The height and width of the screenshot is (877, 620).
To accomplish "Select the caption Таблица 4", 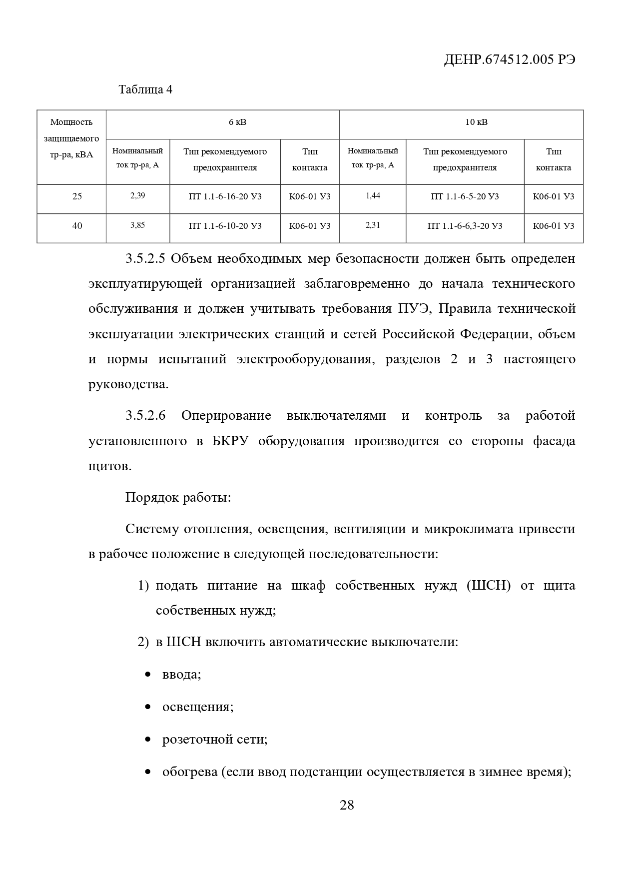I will (x=145, y=90).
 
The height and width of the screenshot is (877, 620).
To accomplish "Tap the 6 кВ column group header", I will (x=237, y=122).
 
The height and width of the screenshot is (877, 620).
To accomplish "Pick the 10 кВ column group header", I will (x=476, y=122).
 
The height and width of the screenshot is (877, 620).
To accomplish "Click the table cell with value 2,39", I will (x=137, y=196).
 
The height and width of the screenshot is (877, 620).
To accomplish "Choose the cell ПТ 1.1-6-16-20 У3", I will (x=225, y=196).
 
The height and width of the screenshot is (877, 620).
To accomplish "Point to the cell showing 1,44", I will (x=373, y=196).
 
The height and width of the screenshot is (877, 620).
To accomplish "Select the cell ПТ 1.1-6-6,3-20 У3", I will (x=465, y=226).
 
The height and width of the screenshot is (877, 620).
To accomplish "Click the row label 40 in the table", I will (x=77, y=226).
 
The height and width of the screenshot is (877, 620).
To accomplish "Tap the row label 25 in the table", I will (x=77, y=196).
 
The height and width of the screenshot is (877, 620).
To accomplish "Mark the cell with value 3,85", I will (x=137, y=225).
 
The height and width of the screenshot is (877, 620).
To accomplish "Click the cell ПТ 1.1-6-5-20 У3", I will (x=465, y=196).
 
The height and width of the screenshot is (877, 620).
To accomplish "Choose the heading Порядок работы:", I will (x=178, y=498).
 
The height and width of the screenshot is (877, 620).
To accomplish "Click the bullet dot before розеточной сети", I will (x=148, y=739).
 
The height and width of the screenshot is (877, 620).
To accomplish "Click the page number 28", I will (x=347, y=805).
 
